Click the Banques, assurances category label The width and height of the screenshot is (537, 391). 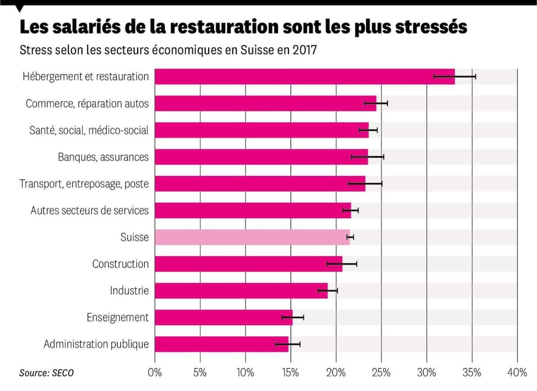click(103, 157)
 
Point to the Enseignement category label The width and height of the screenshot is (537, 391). click(117, 317)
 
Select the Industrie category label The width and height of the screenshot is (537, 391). click(129, 291)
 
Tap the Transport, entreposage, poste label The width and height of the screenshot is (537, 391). click(84, 184)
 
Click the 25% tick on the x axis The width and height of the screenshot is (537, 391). click(381, 373)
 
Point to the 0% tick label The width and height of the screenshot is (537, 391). click(155, 373)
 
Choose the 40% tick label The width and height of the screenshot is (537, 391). click(517, 373)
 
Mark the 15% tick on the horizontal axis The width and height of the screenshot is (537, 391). click(291, 373)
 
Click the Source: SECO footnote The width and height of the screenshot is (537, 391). click(46, 373)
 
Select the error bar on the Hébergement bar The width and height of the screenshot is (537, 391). click(455, 77)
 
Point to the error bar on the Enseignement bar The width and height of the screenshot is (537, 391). click(292, 317)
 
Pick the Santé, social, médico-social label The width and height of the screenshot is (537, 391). click(89, 130)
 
